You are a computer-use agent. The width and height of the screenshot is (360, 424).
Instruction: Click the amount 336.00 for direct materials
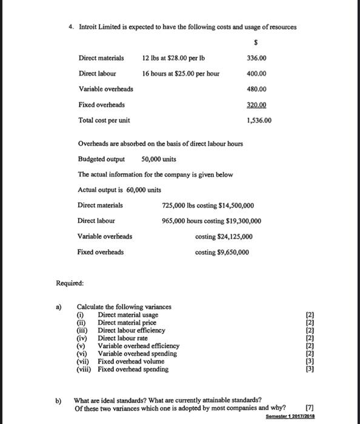coord(257,58)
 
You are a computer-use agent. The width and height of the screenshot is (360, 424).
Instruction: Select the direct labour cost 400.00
coord(257,74)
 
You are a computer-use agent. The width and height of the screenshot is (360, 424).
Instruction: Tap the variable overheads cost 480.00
coord(257,89)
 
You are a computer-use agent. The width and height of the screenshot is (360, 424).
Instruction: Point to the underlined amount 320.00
coord(257,105)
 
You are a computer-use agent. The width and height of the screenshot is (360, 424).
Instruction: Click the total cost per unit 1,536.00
coord(260,120)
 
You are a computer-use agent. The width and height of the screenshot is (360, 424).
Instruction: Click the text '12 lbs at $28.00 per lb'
coord(173,58)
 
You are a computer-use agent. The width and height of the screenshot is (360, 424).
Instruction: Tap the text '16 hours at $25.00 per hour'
coord(181,74)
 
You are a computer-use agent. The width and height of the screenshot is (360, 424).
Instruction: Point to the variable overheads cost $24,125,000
coord(233,237)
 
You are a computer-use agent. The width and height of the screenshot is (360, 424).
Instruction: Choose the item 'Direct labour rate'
coord(122,338)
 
